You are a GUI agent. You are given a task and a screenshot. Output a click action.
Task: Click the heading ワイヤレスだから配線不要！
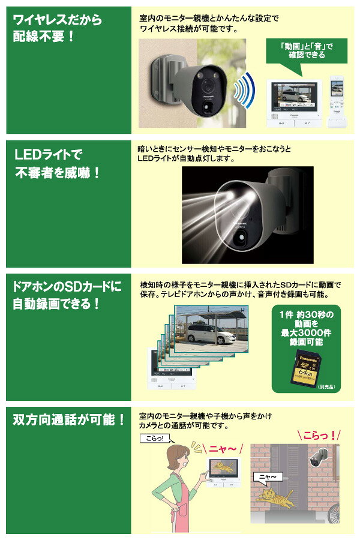tap(58, 29)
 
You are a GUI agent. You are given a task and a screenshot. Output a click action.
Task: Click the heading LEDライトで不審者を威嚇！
tap(58, 164)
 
